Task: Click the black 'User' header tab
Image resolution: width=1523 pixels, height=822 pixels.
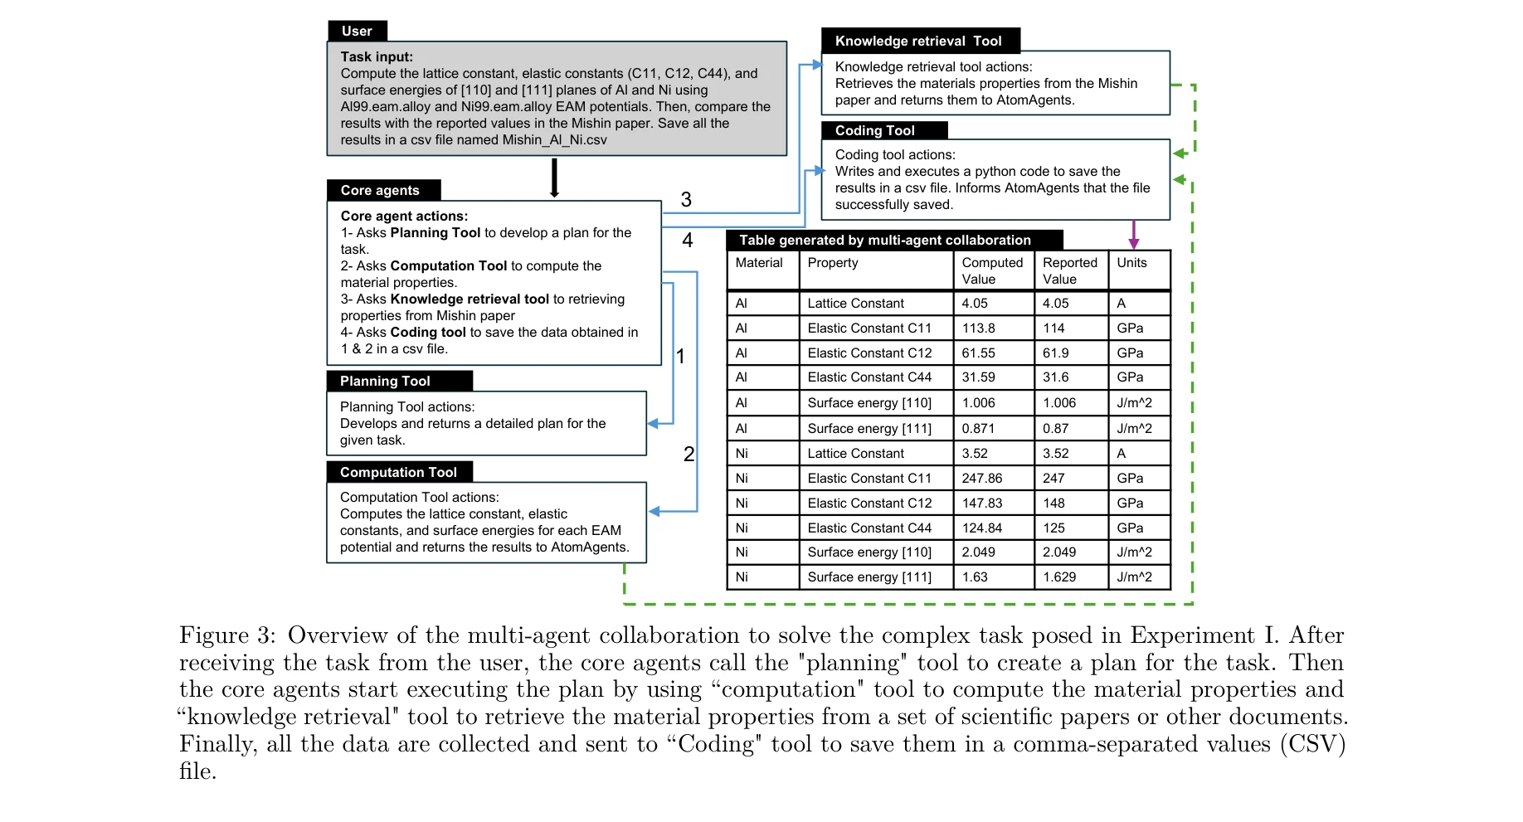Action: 358,31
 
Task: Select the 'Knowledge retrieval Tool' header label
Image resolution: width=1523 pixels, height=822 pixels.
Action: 918,41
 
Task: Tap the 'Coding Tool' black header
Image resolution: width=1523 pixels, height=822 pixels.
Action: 875,130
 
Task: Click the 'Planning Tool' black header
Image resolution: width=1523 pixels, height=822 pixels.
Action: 386,381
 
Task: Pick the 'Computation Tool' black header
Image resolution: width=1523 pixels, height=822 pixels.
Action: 398,472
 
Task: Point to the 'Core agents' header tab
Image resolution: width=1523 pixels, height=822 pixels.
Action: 380,190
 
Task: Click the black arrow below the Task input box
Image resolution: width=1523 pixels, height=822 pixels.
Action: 554,178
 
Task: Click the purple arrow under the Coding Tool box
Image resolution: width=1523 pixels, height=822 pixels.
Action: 1134,235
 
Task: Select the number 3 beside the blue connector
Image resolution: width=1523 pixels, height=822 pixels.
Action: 686,200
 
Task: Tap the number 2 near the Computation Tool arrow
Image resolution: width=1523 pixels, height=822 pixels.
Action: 689,454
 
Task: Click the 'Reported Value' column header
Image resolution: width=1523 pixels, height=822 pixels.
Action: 1069,270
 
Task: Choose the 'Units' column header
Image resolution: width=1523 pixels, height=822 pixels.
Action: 1131,263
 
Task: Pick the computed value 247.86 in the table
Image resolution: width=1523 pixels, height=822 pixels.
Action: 982,479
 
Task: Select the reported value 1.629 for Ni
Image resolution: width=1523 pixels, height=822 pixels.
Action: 1059,577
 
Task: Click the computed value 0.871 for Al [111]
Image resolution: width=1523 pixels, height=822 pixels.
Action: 978,429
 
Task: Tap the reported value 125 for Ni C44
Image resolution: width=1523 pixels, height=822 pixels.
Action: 1053,528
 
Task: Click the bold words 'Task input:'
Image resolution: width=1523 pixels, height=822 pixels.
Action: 377,56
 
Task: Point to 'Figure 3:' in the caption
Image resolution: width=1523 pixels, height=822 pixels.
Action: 227,635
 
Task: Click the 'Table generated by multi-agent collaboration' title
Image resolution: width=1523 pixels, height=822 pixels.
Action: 885,240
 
